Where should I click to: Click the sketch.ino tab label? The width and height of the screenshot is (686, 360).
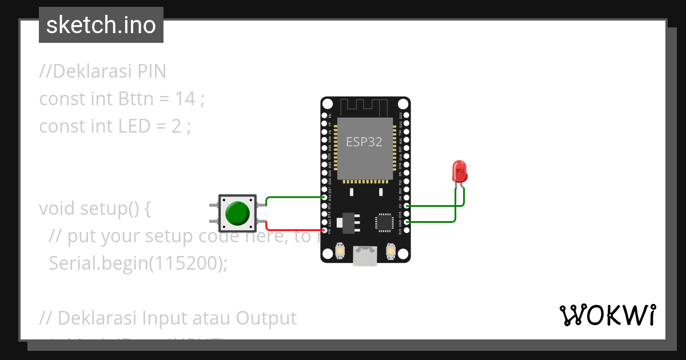point(101,25)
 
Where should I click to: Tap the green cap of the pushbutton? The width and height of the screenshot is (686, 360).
point(237,213)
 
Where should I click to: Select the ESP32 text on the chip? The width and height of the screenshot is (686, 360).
point(364,142)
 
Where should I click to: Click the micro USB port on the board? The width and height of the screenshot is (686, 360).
point(365,255)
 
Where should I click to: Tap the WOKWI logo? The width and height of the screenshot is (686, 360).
point(607,315)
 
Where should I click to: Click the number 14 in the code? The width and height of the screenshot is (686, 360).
point(185,99)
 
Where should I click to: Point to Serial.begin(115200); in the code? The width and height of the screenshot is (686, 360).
point(138,263)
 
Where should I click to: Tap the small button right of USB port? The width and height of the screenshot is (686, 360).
point(391,250)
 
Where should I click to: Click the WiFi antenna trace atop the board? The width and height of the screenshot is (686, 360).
point(364,106)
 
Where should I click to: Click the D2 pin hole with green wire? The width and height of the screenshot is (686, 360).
point(406,205)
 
